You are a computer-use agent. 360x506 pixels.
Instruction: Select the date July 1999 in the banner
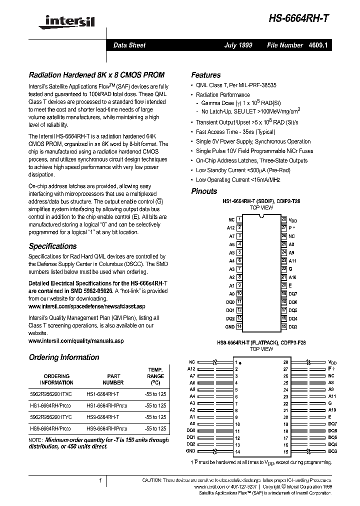point(238,45)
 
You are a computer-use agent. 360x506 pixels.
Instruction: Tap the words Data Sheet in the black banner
point(129,45)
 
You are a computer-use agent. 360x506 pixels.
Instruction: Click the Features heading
point(206,75)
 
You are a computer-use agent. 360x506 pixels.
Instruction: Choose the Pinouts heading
point(204,191)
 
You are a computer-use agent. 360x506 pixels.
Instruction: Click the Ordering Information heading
point(64,357)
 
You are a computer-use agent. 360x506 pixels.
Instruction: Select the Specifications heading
point(53,246)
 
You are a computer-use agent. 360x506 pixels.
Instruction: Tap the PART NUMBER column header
point(113,379)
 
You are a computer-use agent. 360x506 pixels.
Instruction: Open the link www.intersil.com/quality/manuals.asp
point(76,340)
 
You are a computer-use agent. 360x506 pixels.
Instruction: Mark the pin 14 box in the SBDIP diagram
point(239,326)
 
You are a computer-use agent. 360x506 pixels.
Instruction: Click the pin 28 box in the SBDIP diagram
point(283,219)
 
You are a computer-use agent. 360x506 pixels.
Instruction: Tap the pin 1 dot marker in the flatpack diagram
point(240,362)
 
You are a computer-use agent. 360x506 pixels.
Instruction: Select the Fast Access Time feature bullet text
point(235,132)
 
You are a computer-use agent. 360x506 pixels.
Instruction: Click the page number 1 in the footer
point(100,480)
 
